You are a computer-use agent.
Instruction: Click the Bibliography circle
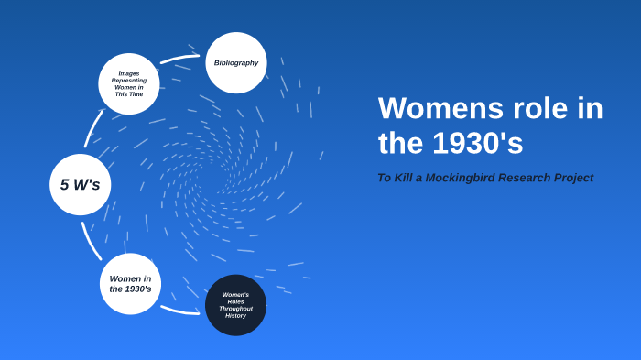[236, 62]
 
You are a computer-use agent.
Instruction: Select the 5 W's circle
[80, 184]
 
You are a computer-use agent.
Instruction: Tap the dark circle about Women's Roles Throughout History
[235, 305]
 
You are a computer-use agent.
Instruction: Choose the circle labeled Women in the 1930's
[130, 284]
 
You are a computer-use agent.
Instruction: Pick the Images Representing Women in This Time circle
[129, 83]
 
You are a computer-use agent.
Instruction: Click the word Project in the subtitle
[575, 178]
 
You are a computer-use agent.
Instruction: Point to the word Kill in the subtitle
[404, 178]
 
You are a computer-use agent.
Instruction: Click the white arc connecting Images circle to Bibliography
[180, 59]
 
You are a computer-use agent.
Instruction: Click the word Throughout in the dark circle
[235, 309]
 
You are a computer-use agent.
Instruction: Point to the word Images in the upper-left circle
[129, 73]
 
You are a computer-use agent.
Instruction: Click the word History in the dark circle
[235, 316]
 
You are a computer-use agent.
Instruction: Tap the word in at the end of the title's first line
[587, 108]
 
